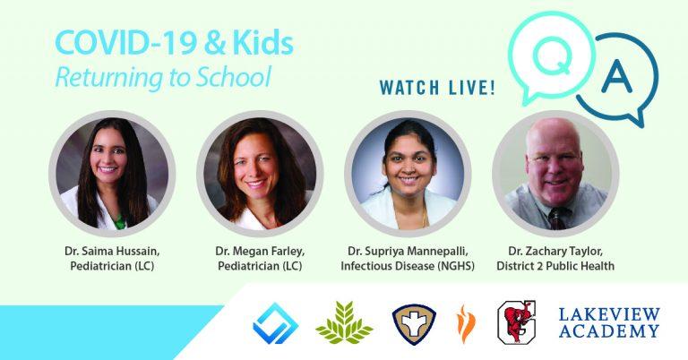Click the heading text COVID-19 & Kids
click(174, 43)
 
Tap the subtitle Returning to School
click(163, 77)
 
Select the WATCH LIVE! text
click(437, 87)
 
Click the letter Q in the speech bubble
click(553, 56)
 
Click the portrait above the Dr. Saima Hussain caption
click(112, 174)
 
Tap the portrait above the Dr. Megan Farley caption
click(260, 174)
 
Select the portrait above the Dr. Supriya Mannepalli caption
click(408, 174)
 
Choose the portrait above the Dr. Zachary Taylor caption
click(555, 174)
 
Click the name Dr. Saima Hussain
click(112, 252)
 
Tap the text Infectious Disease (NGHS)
click(408, 266)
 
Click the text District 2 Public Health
click(555, 266)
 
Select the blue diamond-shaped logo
click(276, 323)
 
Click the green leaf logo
click(344, 322)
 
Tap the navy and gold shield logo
click(414, 324)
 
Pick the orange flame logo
click(466, 323)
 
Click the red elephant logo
click(516, 322)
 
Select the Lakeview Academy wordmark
click(609, 322)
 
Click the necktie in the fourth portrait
click(557, 219)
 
